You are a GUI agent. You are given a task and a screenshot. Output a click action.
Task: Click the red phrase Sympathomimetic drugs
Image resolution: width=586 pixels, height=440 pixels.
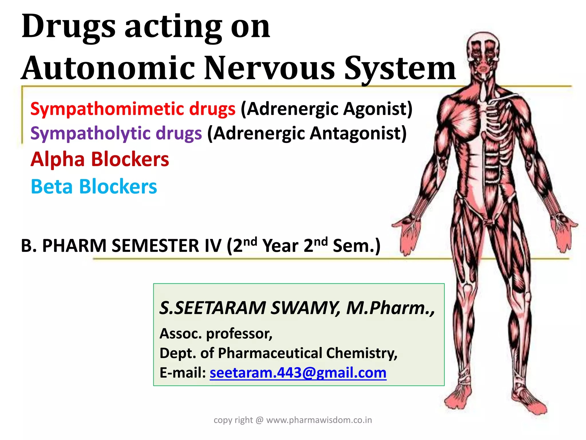tap(133, 109)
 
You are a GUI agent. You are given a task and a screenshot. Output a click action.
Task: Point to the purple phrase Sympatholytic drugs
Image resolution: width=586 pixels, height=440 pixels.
tap(116, 133)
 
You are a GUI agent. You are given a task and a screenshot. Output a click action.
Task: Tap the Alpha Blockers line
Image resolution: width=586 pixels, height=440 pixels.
tap(100, 159)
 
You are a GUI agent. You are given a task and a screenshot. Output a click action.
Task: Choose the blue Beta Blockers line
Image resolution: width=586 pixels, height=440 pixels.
tap(94, 186)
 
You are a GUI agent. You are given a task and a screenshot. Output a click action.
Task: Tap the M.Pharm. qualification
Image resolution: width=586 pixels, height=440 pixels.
tap(390, 308)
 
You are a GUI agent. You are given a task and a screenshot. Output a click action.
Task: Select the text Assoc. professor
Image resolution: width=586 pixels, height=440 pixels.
tap(216, 333)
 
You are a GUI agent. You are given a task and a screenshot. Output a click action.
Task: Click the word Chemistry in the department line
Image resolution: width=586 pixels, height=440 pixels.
tap(362, 353)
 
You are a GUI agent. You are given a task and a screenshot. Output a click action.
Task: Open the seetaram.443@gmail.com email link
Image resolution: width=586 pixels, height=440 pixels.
tap(298, 373)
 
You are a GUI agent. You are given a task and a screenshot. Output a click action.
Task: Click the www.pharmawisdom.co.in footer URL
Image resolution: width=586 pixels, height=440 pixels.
tap(319, 420)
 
